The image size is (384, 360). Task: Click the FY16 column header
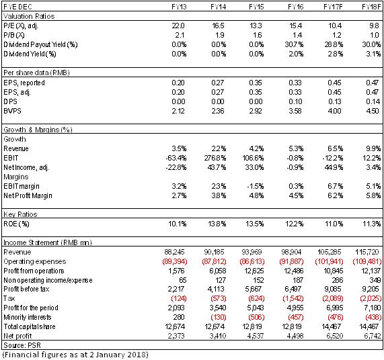(x=295, y=7)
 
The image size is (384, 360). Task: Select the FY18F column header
(x=371, y=7)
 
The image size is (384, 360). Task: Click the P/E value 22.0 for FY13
(x=178, y=26)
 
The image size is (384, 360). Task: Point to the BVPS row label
(x=12, y=111)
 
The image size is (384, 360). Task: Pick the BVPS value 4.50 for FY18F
(x=373, y=111)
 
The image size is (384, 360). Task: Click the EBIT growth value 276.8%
(x=215, y=158)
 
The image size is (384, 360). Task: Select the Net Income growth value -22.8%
(x=176, y=167)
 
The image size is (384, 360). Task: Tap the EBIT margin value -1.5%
(x=256, y=186)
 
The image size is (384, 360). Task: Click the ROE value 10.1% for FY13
(x=178, y=224)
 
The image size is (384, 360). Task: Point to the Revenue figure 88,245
(x=174, y=252)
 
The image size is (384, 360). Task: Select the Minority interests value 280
(x=179, y=317)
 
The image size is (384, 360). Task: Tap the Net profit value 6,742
(x=373, y=336)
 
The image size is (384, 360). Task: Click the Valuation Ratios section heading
(x=29, y=16)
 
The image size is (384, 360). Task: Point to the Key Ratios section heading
(x=20, y=214)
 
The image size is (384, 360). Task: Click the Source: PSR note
(x=22, y=345)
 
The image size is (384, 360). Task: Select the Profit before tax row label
(x=26, y=289)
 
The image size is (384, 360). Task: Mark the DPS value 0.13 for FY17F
(x=334, y=101)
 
